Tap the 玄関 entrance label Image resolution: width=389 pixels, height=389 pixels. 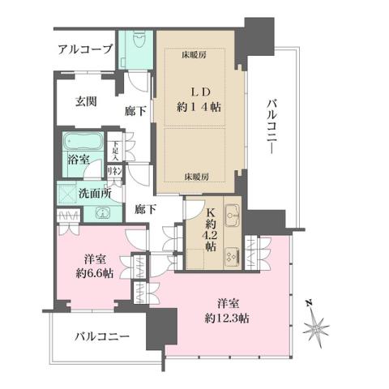[87, 101]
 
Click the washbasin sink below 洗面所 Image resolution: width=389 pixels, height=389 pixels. [102, 213]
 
